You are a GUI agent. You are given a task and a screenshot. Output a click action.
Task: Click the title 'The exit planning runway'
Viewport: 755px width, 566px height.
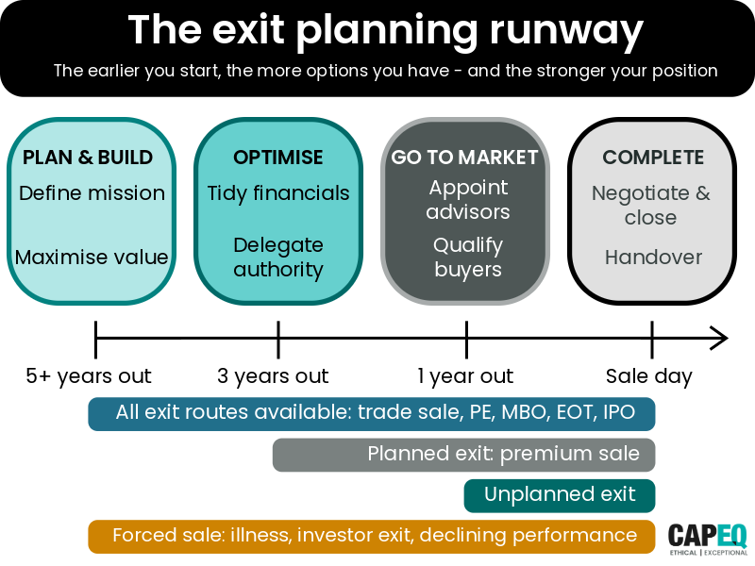(385, 30)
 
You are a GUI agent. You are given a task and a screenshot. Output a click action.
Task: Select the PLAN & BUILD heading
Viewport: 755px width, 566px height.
(88, 158)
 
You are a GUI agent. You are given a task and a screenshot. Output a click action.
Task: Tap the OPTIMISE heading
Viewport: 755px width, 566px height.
(277, 158)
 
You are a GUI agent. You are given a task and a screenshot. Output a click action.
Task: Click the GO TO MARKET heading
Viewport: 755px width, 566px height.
(465, 158)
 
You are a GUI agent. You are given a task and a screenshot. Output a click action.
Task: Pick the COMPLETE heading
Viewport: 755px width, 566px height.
(653, 158)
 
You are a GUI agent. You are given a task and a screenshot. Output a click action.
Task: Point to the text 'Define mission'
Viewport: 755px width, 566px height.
(92, 193)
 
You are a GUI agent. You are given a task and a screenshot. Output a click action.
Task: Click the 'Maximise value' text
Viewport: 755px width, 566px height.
(92, 257)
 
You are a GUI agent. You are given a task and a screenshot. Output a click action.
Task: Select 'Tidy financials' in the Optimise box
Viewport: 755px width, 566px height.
(278, 193)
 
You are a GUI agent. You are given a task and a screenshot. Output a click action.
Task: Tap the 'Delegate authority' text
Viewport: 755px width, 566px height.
(278, 258)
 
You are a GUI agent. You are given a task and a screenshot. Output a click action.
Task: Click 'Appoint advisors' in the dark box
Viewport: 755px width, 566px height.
(467, 199)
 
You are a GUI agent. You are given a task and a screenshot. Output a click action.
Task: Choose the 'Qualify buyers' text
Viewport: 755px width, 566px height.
(467, 258)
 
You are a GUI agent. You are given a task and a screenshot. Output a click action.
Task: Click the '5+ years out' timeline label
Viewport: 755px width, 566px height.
(89, 376)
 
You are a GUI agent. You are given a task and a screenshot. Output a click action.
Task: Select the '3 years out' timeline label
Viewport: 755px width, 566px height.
(273, 376)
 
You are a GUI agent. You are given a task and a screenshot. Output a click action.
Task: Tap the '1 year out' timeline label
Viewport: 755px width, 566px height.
(465, 376)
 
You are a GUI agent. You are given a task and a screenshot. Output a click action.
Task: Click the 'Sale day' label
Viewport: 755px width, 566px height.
(648, 376)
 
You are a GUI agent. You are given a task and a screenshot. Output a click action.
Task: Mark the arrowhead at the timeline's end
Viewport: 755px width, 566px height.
(719, 337)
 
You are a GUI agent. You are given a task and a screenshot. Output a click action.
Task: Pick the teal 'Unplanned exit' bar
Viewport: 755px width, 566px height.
(560, 495)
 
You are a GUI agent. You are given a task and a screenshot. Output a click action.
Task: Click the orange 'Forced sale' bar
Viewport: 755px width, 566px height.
(372, 536)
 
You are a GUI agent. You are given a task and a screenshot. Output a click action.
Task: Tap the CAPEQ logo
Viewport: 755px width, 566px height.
(708, 536)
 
